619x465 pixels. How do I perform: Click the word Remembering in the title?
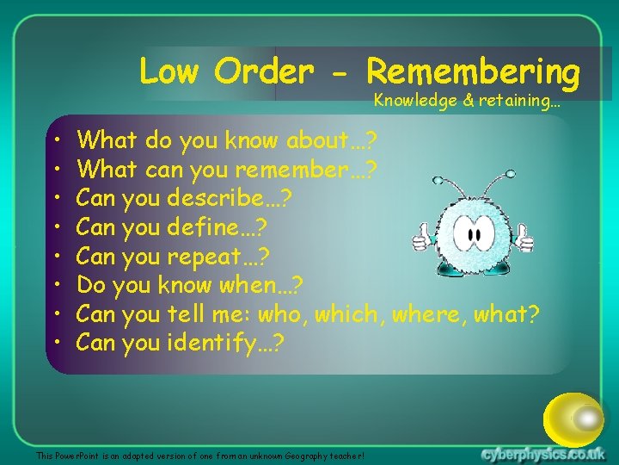(x=472, y=71)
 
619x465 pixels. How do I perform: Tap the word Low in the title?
(x=169, y=71)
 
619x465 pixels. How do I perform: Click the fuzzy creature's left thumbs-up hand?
(x=423, y=237)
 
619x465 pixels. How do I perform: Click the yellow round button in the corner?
(x=574, y=419)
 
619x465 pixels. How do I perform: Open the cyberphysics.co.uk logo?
(x=543, y=454)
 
